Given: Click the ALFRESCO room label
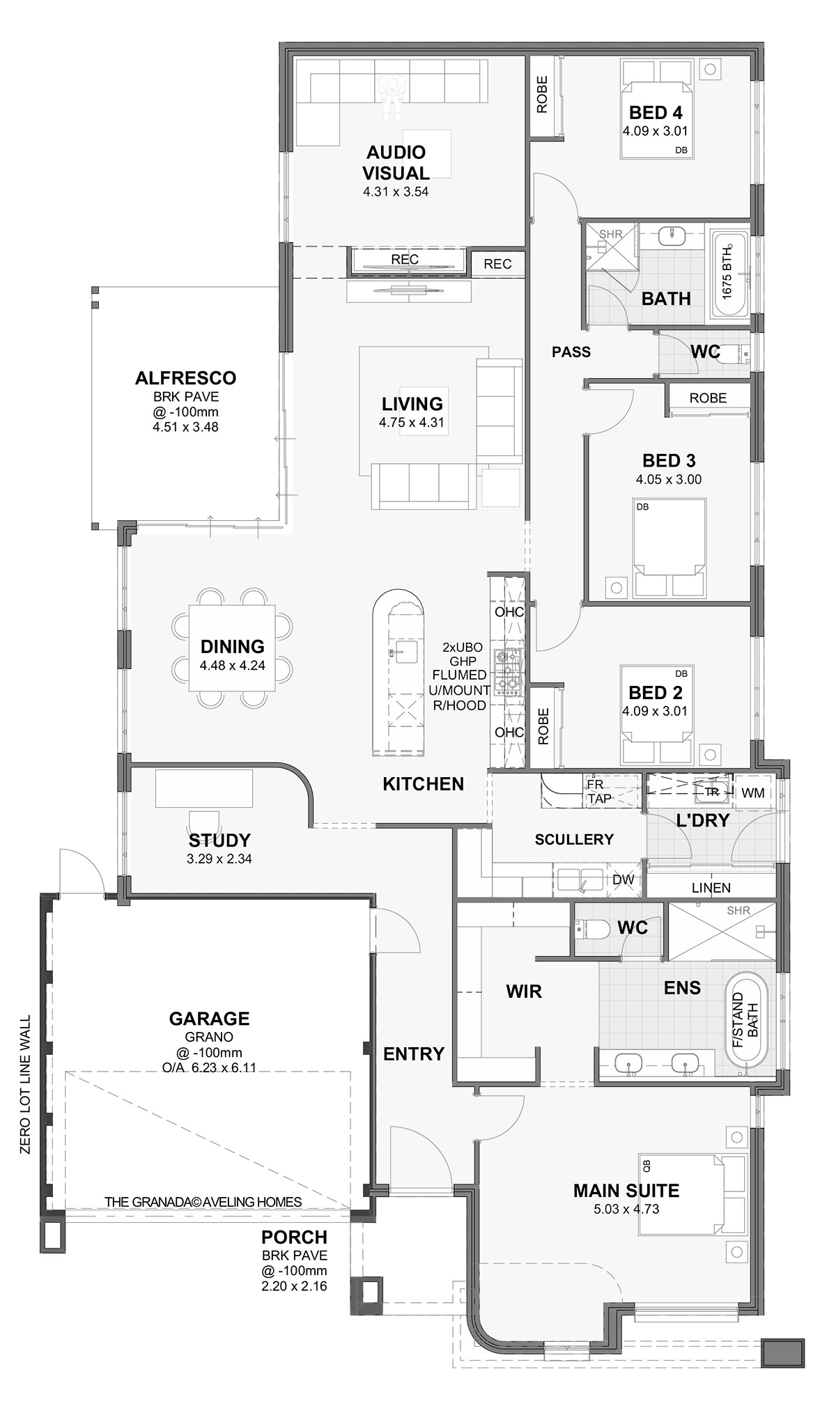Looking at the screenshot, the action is pyautogui.click(x=185, y=378).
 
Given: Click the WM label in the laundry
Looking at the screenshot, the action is pyautogui.click(x=753, y=792).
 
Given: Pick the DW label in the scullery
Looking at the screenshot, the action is pyautogui.click(x=624, y=879).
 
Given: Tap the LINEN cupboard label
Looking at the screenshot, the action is pyautogui.click(x=711, y=888).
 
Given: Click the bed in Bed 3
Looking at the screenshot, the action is pyautogui.click(x=669, y=547).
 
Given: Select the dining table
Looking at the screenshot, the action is pyautogui.click(x=232, y=647).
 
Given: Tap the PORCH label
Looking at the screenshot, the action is pyautogui.click(x=294, y=1237).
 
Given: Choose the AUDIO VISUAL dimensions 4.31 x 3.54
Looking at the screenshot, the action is pyautogui.click(x=396, y=191).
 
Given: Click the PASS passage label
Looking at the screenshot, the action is pyautogui.click(x=571, y=352).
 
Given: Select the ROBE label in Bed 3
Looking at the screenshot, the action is pyautogui.click(x=708, y=398).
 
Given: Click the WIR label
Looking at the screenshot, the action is pyautogui.click(x=524, y=991).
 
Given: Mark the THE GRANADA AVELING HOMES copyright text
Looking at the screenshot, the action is pyautogui.click(x=203, y=1202).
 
